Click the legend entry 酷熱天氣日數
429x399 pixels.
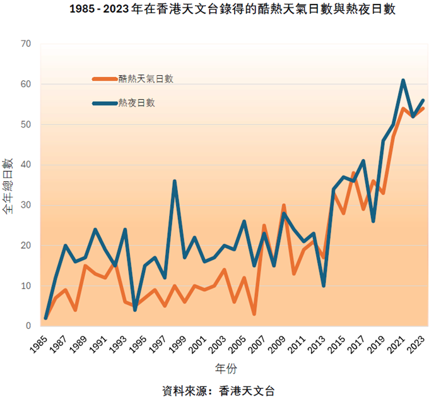pyautogui.click(x=146, y=79)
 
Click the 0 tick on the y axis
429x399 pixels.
pyautogui.click(x=28, y=326)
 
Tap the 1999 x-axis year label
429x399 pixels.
pyautogui.click(x=180, y=345)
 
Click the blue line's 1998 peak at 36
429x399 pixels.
pyautogui.click(x=174, y=181)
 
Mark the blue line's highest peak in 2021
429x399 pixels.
pyautogui.click(x=403, y=80)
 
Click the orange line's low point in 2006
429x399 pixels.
pyautogui.click(x=254, y=314)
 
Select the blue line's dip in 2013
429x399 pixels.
pyautogui.click(x=324, y=285)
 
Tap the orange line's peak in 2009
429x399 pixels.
pyautogui.click(x=284, y=206)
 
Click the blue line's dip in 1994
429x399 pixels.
pyautogui.click(x=134, y=310)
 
